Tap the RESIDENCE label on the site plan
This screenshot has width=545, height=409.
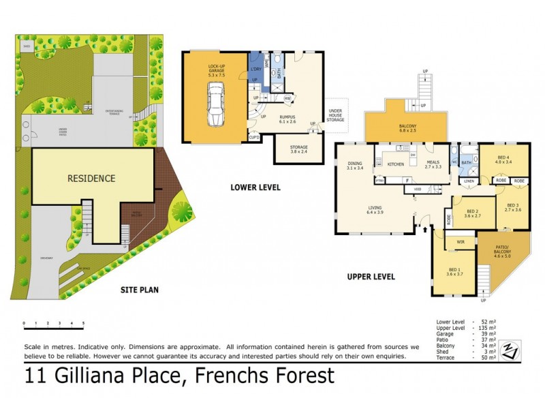coord(91,179)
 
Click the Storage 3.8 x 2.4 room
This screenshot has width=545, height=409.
coord(298,149)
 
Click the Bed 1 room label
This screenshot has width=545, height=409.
coord(450,271)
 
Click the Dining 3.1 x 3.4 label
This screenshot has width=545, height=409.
coord(355,164)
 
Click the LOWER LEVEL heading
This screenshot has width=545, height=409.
coord(255,187)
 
